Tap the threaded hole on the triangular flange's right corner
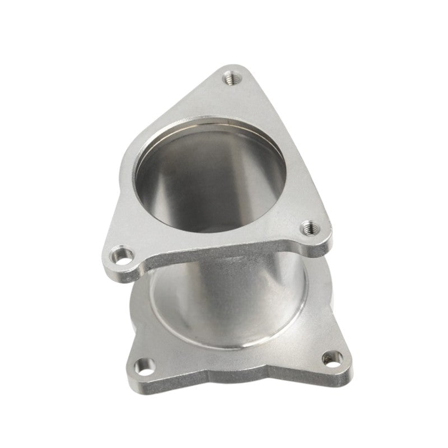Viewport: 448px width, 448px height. click(310, 228)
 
